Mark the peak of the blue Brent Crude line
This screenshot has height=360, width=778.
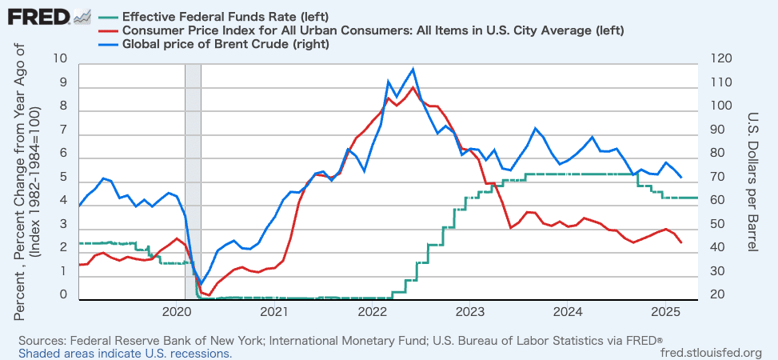pos(413,69)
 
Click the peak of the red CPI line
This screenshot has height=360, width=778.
pos(413,86)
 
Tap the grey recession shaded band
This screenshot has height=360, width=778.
pos(193,176)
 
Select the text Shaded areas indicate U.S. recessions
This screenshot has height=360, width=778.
pos(126,353)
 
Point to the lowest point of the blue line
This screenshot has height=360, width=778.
pos(201,285)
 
